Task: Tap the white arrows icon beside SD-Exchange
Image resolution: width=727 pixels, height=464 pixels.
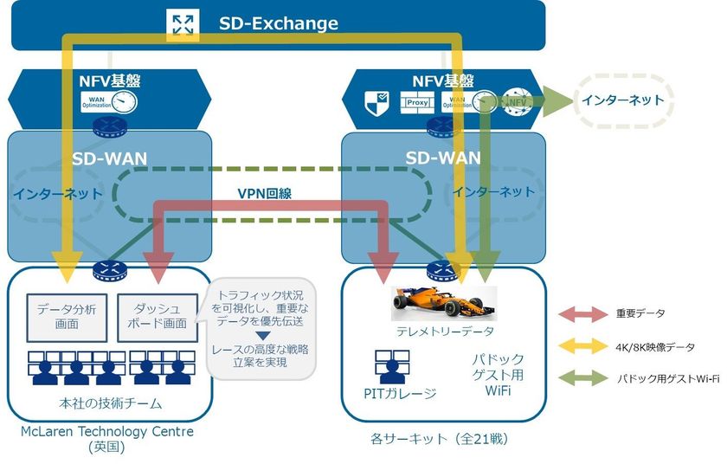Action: point(183,23)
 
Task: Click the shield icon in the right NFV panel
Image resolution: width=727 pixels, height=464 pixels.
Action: point(375,101)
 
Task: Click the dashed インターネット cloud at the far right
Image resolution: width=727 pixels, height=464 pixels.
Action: point(623,100)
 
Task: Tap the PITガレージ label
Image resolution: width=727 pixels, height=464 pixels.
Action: point(399,395)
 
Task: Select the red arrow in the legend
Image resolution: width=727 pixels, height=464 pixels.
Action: point(584,314)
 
